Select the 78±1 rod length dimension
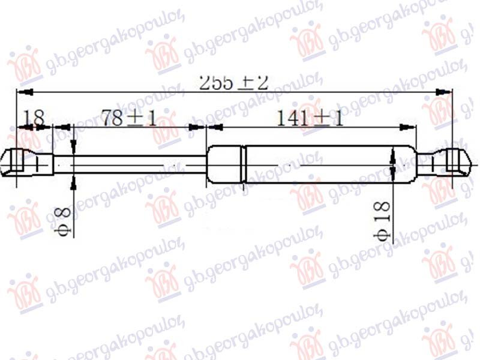pos(128,118)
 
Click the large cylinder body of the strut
pos(324,163)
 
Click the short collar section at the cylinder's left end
pos(225,163)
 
